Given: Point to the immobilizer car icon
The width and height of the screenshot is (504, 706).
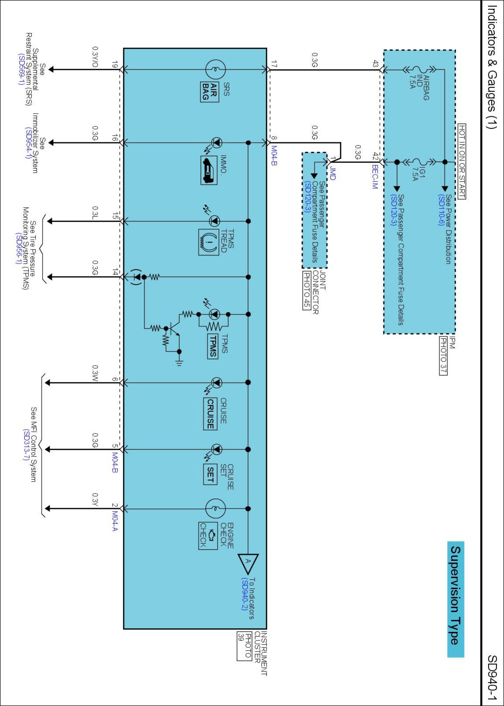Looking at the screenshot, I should (209, 171).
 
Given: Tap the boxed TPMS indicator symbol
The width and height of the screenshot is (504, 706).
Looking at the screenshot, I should (212, 346).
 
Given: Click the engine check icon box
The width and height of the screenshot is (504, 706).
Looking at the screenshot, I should (208, 536).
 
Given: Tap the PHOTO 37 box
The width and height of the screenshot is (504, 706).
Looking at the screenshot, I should (443, 355).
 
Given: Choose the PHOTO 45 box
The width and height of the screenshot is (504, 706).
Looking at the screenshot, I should (307, 290).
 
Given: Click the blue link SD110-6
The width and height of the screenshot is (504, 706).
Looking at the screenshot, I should (441, 210).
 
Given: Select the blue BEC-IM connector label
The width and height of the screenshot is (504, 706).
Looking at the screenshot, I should (375, 176).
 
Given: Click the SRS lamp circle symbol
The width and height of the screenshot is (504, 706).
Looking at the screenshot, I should (215, 70).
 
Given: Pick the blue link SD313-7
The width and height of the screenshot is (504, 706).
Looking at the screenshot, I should (26, 445).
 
